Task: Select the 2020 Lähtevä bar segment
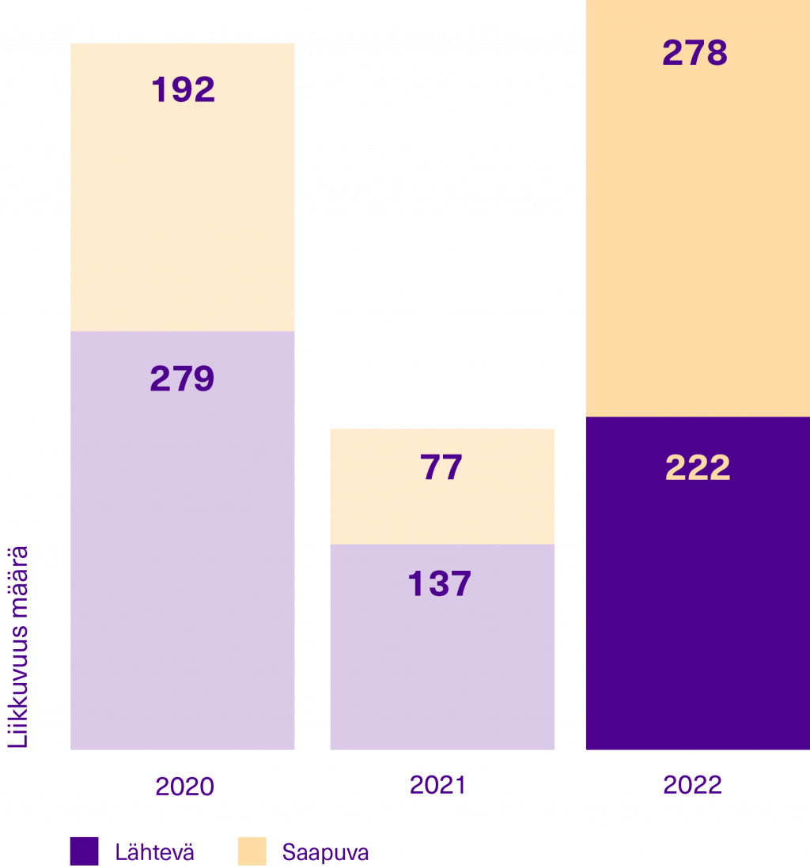(x=182, y=553)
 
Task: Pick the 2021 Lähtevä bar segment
(x=441, y=664)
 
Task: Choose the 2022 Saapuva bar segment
(x=696, y=237)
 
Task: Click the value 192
(x=183, y=90)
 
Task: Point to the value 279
(x=182, y=379)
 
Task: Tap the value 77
(x=441, y=467)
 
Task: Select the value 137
(x=439, y=584)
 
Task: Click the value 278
(x=695, y=53)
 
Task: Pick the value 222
(x=697, y=468)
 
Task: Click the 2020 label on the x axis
(x=184, y=787)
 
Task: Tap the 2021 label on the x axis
(x=437, y=785)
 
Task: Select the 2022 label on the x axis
(x=692, y=785)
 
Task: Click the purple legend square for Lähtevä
(x=84, y=851)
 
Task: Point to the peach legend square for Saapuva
(x=252, y=851)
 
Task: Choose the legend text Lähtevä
(x=154, y=853)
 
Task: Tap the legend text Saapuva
(x=325, y=853)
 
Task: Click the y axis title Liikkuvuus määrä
(x=18, y=646)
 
